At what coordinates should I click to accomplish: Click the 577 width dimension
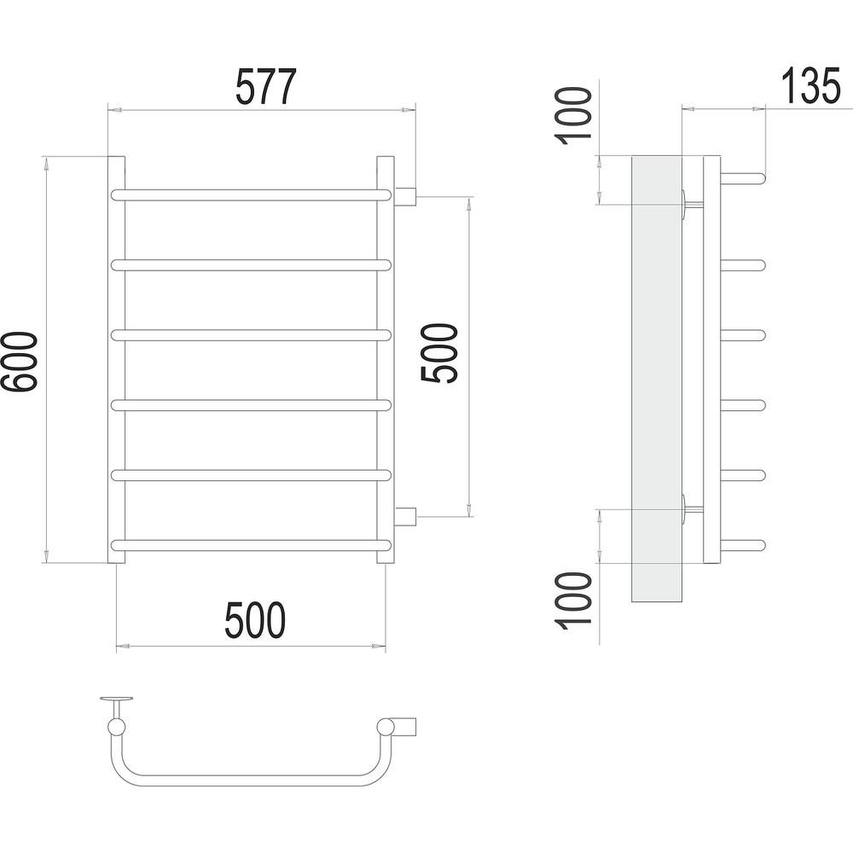pos(266,86)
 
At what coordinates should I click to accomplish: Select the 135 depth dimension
pos(811,86)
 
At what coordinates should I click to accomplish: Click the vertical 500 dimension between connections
pos(439,354)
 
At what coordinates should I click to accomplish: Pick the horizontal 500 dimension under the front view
pos(255,620)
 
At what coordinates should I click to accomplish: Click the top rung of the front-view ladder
pos(251,194)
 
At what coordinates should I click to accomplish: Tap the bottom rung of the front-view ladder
pos(251,545)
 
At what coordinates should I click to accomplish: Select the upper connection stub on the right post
pos(406,195)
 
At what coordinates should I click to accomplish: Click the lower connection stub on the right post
pos(406,516)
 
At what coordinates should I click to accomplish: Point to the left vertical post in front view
pos(116,360)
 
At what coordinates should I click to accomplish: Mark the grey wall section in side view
pos(657,379)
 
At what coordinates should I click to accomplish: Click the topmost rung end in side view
pos(744,177)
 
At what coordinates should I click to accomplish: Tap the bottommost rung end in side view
pos(744,545)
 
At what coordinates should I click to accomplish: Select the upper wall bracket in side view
pos(692,205)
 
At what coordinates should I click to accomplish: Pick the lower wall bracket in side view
pos(692,510)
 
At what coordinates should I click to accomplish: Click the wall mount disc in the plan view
pos(117,699)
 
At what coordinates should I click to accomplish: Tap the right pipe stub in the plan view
pos(405,727)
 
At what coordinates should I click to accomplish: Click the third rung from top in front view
pos(251,335)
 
